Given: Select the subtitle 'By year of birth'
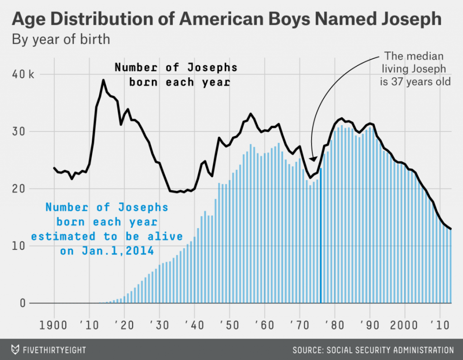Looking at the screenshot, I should (61, 39).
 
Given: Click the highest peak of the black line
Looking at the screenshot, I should (104, 80).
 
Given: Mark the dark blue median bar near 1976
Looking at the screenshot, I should (321, 235).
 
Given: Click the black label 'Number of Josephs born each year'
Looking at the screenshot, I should (175, 75).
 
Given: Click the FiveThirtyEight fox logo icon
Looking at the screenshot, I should (16, 350).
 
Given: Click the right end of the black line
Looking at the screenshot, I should (451, 229).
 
